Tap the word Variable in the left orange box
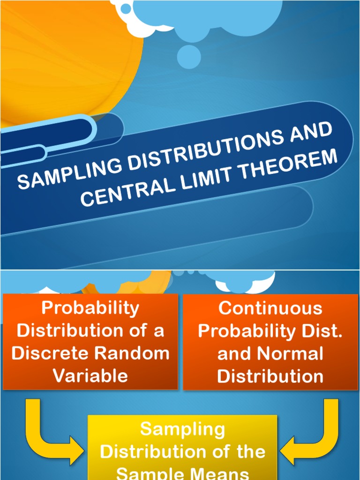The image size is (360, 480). (x=90, y=375)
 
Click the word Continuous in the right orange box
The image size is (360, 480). (x=270, y=308)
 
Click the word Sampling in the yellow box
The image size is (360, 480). (x=183, y=429)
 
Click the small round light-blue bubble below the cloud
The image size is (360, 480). (x=189, y=56)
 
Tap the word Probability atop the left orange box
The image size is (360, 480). (x=90, y=308)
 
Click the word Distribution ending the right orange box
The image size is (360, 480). (x=270, y=375)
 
